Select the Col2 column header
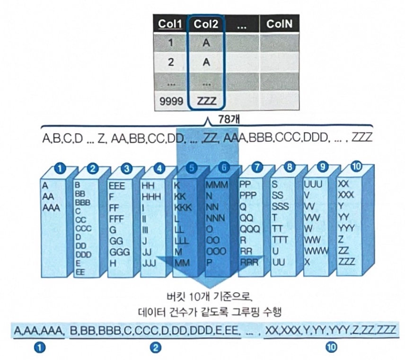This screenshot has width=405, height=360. (206, 23)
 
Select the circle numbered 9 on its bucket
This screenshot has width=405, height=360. (321, 166)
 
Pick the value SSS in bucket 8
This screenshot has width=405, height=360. (280, 207)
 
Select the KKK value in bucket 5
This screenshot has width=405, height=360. (183, 207)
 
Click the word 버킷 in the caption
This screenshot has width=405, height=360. (173, 297)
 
